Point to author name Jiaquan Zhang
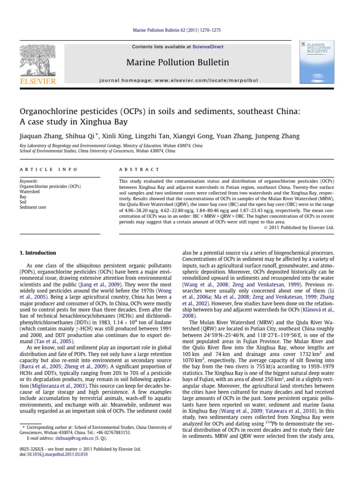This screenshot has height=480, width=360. (41, 136)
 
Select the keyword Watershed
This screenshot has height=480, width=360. (30, 191)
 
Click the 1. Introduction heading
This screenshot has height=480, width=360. (37, 253)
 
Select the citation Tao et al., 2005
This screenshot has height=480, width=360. (48, 329)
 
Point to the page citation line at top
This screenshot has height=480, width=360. (180, 30)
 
